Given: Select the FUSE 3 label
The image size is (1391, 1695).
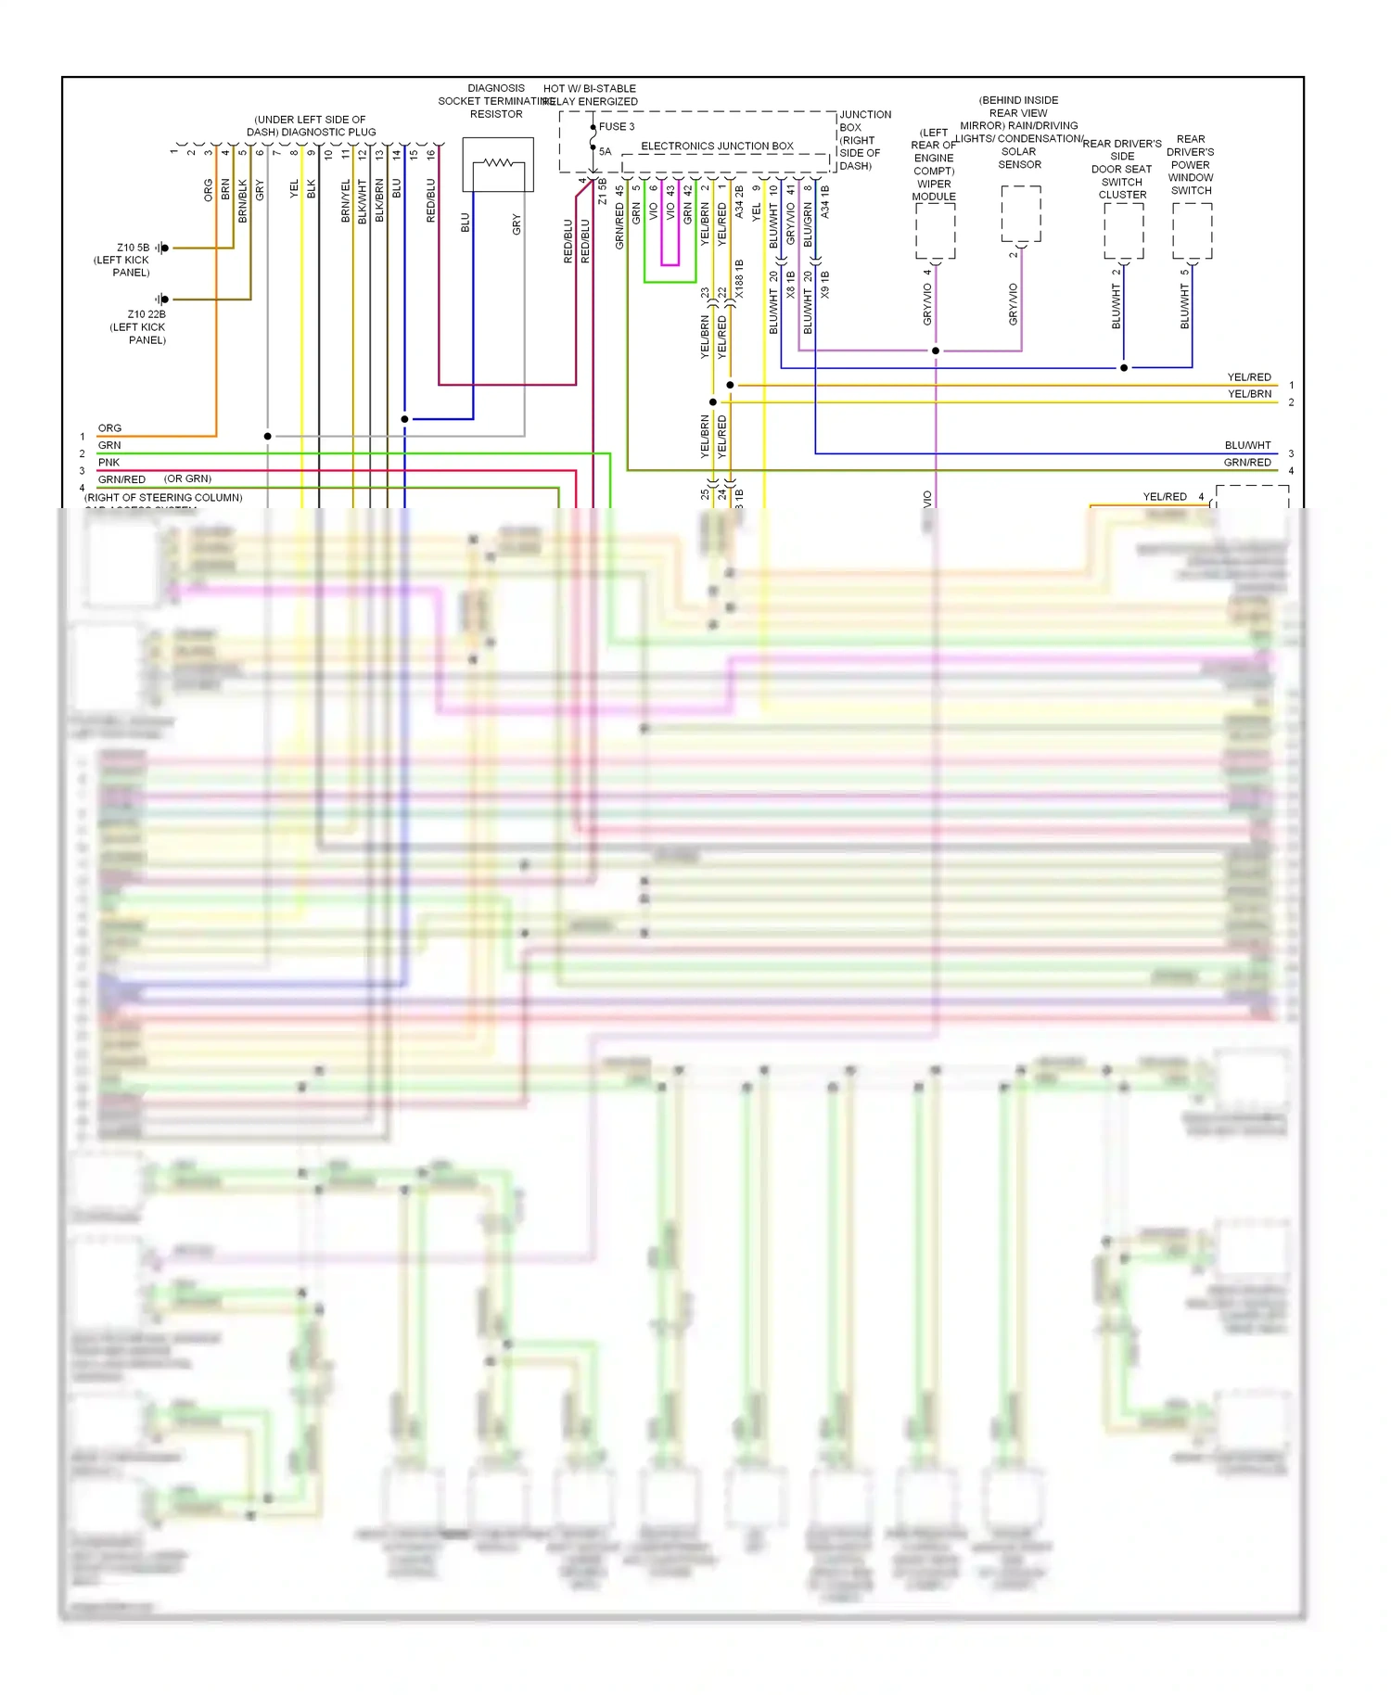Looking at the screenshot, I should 617,127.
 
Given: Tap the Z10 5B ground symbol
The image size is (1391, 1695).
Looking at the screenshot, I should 162,248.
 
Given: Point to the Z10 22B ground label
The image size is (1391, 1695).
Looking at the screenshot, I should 147,314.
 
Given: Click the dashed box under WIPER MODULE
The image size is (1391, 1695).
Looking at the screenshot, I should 935,231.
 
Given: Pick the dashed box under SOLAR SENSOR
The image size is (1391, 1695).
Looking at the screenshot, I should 1021,214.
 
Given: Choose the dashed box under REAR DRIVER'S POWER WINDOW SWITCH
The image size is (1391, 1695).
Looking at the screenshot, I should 1192,231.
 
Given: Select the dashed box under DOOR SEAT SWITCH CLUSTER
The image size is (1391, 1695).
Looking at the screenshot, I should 1123,231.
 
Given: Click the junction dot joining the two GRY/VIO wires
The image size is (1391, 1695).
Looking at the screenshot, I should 936,350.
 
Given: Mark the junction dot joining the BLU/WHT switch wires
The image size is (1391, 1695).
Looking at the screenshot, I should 1124,368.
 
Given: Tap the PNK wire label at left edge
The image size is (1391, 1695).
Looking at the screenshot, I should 108,462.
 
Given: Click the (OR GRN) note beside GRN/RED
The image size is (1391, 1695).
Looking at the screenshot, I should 187,478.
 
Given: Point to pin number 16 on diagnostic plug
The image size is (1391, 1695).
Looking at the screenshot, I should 431,155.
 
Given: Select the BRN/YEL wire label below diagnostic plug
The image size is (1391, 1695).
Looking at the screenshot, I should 346,200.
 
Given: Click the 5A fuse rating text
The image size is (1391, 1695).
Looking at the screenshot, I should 606,151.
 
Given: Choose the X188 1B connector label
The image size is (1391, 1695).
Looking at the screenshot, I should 739,279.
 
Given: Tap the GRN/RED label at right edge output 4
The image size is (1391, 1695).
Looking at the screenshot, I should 1247,462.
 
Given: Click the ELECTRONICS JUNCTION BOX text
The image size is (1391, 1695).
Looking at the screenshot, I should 717,147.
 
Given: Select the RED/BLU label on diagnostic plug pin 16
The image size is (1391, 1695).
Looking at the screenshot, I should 431,200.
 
